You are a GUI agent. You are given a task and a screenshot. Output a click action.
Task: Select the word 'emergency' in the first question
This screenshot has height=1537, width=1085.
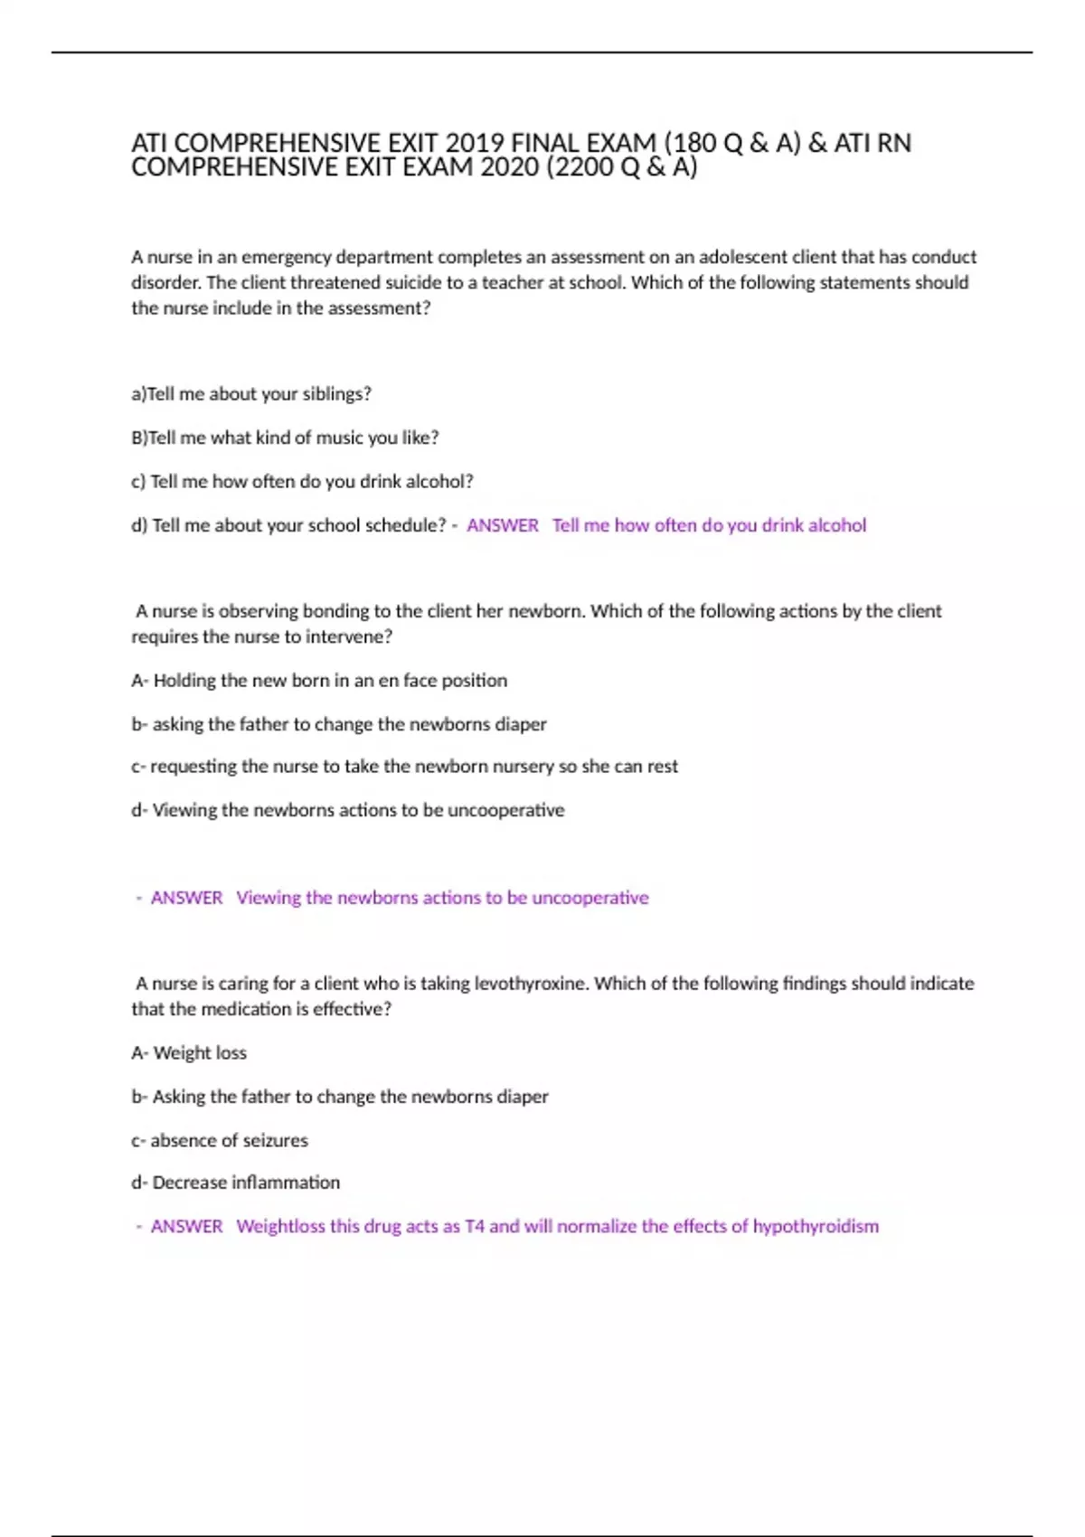click(x=286, y=257)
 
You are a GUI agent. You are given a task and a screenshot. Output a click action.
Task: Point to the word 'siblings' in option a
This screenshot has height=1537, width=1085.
click(x=335, y=394)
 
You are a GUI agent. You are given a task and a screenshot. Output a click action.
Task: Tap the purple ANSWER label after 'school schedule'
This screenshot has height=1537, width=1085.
click(x=502, y=525)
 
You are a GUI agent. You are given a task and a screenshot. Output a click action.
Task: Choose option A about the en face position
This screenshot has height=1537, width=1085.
click(x=319, y=680)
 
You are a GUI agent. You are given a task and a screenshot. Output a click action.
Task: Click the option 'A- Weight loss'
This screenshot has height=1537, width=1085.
click(x=189, y=1053)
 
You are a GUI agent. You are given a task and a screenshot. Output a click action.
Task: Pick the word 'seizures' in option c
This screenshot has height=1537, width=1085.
click(x=274, y=1141)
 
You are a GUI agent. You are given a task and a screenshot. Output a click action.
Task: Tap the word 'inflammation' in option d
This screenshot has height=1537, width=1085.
click(x=285, y=1183)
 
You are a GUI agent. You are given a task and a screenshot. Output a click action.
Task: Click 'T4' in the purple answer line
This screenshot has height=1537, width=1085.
click(x=475, y=1227)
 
